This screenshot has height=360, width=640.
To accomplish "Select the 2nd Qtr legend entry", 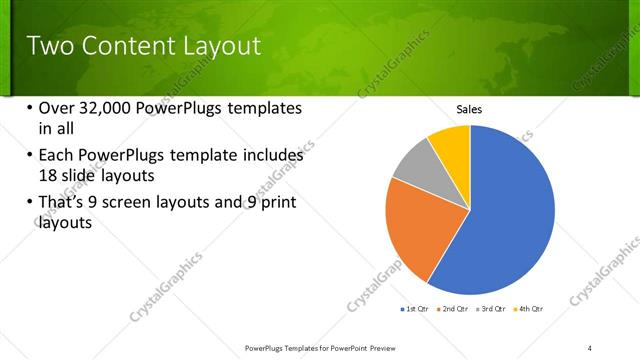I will tap(453, 309).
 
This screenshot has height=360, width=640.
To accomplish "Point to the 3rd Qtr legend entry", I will tap(492, 309).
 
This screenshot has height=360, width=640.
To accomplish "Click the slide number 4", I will tap(590, 346).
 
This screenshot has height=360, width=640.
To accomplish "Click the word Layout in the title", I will tap(217, 46).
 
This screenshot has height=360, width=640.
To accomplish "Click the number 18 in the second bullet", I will tap(48, 175).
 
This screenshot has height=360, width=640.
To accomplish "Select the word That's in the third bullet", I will tap(65, 204).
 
